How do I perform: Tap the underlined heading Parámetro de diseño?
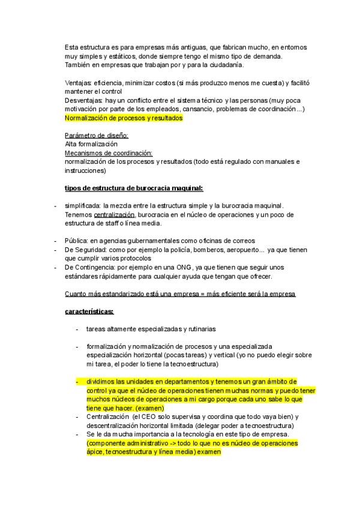point(96,136)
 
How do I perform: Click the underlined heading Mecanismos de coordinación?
point(108,153)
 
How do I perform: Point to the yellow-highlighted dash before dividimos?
point(77,381)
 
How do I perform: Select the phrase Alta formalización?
point(91,144)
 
